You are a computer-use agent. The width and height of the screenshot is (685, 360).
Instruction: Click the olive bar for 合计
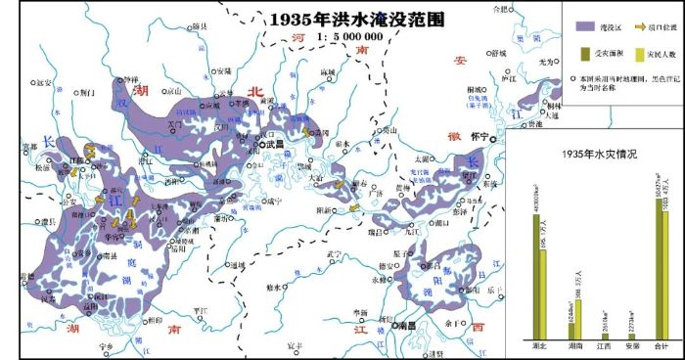(658, 269)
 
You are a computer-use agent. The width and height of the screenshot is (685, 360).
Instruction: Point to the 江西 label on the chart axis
(604, 346)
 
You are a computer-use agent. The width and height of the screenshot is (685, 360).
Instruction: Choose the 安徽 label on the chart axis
(632, 346)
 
